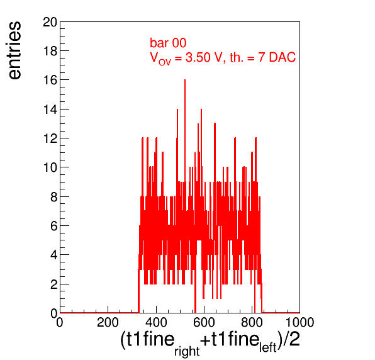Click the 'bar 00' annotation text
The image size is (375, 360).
tap(168, 43)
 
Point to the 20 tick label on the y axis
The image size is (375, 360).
tap(50, 23)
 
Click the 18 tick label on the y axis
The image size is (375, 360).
tap(50, 51)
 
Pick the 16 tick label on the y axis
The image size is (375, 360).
tap(50, 80)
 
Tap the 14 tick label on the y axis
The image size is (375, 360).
tap(50, 110)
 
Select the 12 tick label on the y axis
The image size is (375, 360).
tap(50, 138)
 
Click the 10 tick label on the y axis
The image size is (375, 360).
tap(50, 167)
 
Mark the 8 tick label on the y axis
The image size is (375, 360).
tap(54, 197)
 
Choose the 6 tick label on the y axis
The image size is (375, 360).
tap(54, 226)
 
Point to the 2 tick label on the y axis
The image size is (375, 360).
tap(54, 284)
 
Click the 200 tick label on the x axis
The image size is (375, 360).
tap(108, 322)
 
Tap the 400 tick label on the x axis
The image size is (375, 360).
tap(156, 322)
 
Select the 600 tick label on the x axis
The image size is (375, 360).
tap(204, 322)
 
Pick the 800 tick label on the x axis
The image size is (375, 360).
tap(252, 322)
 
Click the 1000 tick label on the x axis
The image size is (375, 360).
tap(300, 322)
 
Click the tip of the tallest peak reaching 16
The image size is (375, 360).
tap(185, 80)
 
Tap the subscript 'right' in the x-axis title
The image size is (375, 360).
tap(187, 351)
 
